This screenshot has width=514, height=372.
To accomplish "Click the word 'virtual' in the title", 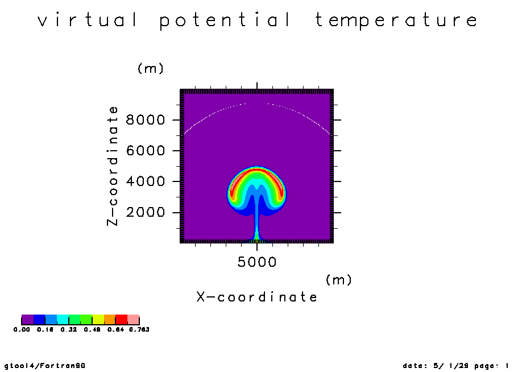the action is click(x=88, y=19).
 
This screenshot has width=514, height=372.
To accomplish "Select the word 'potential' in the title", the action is click(x=225, y=20).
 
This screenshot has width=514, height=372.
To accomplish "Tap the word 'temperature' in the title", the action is click(x=396, y=20).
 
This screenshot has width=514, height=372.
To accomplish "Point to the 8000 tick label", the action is click(x=146, y=120).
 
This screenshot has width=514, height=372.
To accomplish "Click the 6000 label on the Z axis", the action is click(x=146, y=151).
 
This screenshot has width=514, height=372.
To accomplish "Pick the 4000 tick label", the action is click(x=146, y=181).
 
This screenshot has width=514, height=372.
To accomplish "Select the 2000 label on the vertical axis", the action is click(x=146, y=212).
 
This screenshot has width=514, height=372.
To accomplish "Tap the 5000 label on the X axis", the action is click(x=257, y=262).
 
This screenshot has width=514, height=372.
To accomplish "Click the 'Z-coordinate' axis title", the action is click(x=112, y=166).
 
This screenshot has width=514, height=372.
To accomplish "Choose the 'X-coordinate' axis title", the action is click(x=257, y=297).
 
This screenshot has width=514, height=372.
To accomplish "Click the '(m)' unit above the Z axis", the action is click(x=151, y=69).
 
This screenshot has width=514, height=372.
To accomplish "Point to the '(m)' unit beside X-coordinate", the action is click(x=339, y=280).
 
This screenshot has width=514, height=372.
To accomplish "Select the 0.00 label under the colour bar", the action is click(x=22, y=329).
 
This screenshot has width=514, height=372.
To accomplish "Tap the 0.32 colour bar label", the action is click(x=69, y=329).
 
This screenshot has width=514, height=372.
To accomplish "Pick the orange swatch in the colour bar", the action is click(x=110, y=320).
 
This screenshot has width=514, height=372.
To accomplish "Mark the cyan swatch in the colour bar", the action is click(x=63, y=320).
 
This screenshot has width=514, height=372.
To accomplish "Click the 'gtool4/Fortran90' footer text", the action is click(x=45, y=366).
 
